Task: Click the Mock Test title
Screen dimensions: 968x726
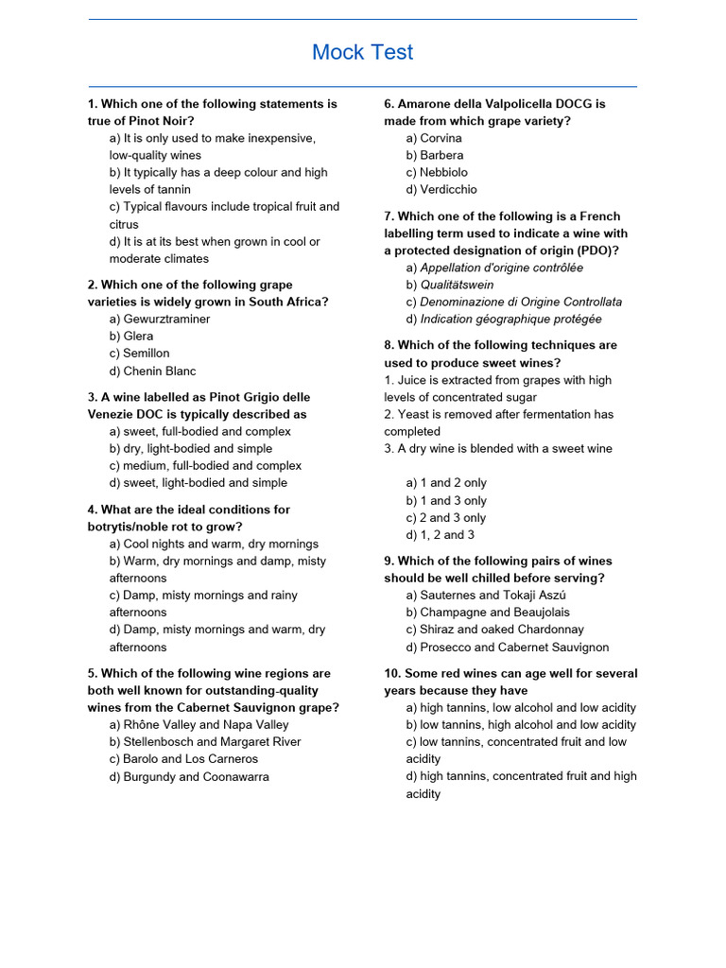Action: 363,53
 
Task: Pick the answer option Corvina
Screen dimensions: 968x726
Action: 434,138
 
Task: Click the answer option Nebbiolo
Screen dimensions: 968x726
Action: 437,172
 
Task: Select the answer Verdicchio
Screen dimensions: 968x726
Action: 441,189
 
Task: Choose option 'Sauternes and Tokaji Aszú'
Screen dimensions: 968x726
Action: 486,595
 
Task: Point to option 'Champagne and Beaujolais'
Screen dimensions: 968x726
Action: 488,612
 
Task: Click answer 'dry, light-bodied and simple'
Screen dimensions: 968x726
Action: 190,448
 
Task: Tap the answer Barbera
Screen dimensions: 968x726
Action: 435,155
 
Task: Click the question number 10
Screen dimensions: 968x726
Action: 392,673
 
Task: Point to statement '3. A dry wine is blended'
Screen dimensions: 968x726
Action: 497,448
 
